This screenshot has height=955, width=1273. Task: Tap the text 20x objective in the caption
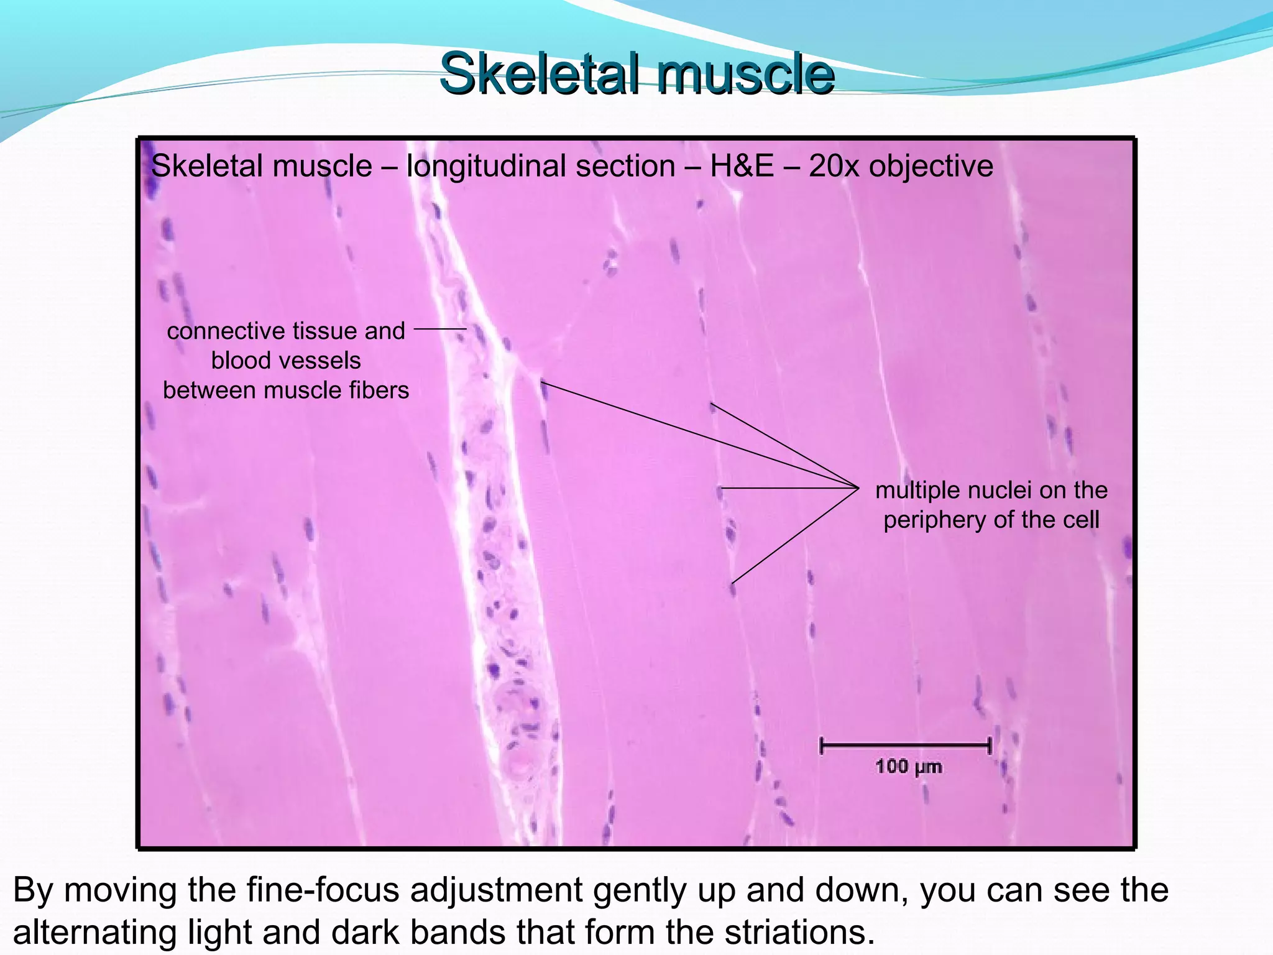901,166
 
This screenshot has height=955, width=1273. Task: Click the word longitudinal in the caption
541,166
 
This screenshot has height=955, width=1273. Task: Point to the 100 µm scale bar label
908,767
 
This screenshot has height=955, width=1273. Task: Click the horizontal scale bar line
906,745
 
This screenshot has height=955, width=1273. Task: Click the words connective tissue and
286,331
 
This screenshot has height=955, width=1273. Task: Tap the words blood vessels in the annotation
286,361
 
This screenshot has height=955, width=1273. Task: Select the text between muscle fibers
286,390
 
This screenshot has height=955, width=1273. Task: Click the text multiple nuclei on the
991,490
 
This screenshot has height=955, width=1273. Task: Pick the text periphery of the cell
991,520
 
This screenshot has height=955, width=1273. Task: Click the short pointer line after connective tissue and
439,329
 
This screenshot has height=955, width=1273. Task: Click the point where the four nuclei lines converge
858,488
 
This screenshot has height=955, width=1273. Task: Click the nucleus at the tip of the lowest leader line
733,588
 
